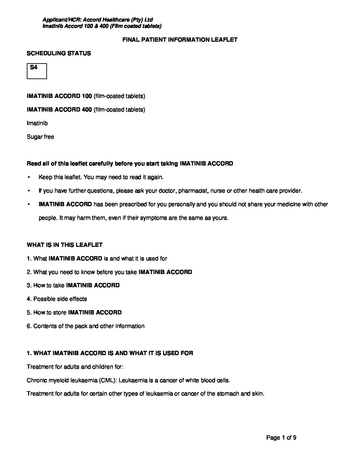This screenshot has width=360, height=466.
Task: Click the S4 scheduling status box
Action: point(37,71)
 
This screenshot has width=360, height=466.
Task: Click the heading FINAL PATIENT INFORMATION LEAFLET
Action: point(180,40)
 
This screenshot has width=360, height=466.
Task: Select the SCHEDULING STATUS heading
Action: point(59,53)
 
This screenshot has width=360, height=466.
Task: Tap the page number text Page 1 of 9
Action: point(281,438)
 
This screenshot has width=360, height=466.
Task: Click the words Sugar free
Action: point(40,137)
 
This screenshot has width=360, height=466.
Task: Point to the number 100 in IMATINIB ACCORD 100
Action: point(87,96)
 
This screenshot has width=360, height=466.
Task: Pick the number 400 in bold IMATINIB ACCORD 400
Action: point(87,110)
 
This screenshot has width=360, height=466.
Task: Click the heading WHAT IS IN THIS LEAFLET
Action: point(65,245)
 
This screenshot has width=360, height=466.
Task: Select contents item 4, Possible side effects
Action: point(57,299)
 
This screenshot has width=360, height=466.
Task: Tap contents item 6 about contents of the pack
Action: point(85,326)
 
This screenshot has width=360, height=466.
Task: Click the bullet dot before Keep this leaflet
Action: point(29,177)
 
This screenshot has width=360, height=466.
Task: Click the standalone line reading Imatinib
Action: point(37,123)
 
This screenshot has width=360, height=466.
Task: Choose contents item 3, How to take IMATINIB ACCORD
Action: point(73,285)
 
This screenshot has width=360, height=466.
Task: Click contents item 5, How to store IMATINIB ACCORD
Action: point(74,312)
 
